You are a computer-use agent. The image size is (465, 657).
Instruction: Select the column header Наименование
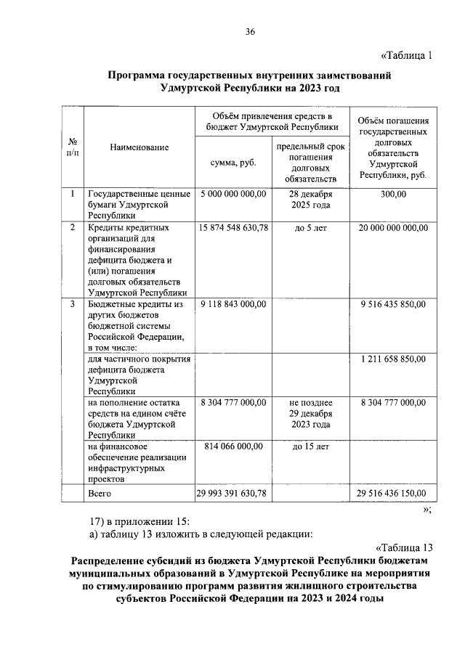point(139,147)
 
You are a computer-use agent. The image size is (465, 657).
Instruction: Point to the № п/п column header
point(73,147)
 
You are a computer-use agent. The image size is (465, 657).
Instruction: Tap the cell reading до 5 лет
point(310,228)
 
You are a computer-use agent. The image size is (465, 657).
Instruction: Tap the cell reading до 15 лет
point(310,446)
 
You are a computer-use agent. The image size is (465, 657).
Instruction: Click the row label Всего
point(99,493)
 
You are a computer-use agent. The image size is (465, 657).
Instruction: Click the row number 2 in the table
point(73,228)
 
